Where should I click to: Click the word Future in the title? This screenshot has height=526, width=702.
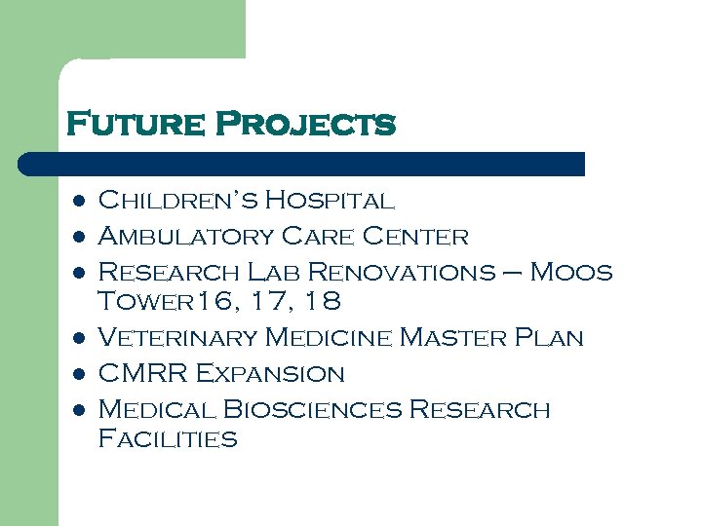click(135, 125)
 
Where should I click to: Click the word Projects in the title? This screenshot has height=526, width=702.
click(304, 125)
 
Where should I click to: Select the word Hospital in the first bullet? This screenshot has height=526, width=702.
click(330, 202)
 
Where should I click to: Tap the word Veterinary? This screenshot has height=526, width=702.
click(177, 338)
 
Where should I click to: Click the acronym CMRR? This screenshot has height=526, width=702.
click(142, 373)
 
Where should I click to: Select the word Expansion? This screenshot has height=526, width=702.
click(270, 373)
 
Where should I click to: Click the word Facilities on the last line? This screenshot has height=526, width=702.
click(168, 439)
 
